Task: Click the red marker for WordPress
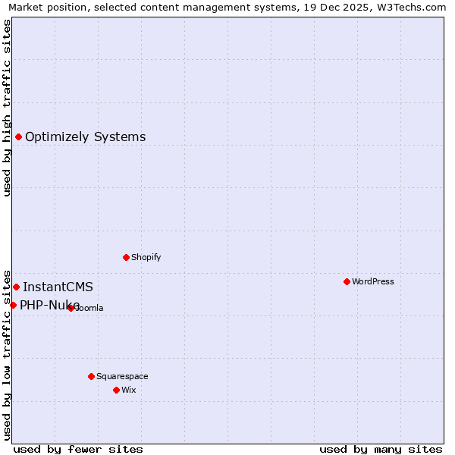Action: [x=347, y=281]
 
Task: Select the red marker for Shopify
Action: [x=126, y=257]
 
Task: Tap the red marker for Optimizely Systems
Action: [x=18, y=136]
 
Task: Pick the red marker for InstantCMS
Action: [x=16, y=287]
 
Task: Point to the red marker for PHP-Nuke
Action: [x=13, y=305]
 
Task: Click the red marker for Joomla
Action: [x=71, y=308]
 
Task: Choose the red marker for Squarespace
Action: [x=91, y=376]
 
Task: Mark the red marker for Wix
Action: [x=116, y=390]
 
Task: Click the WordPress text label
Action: [x=373, y=281]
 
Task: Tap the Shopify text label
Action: [x=146, y=257]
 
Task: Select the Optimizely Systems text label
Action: [x=86, y=137]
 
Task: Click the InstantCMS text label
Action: [x=58, y=287]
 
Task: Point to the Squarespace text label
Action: [x=122, y=376]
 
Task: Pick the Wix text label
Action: [x=128, y=390]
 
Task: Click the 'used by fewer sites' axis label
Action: [x=78, y=449]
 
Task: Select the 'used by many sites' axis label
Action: [x=381, y=449]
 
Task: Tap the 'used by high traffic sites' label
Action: [x=8, y=108]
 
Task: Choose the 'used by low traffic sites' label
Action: [x=8, y=355]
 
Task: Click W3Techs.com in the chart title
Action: [x=414, y=8]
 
